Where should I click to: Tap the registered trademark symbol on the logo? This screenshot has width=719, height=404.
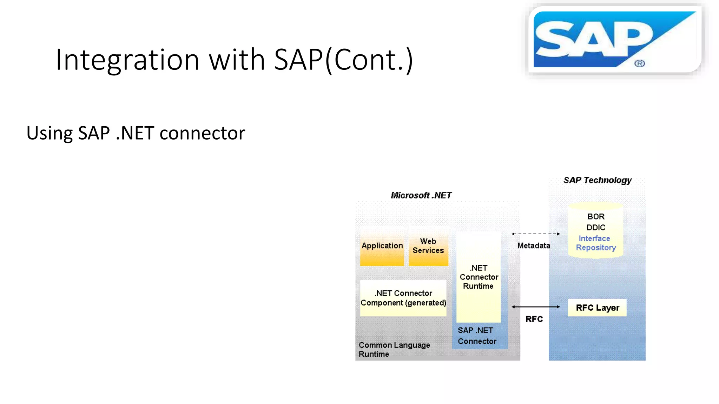[x=639, y=63]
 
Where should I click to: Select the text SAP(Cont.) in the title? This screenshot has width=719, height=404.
[x=343, y=60]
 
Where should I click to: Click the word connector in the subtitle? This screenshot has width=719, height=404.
[x=202, y=133]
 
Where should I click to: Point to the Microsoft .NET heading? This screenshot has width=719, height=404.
[x=421, y=195]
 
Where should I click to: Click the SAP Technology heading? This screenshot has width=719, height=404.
[x=597, y=180]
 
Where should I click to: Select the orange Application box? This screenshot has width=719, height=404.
[x=382, y=246]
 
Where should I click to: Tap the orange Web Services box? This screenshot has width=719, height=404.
[x=428, y=246]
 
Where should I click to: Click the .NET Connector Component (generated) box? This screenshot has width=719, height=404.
[x=403, y=298]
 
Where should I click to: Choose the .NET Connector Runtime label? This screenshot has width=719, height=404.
[x=479, y=277]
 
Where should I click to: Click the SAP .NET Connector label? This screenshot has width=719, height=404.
[x=477, y=336]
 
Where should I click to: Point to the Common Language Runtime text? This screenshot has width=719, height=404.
[x=394, y=350]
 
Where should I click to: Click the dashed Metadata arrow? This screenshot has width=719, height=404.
[x=535, y=234]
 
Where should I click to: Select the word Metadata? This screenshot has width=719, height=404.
[x=534, y=246]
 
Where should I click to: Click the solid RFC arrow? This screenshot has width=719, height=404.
[x=535, y=307]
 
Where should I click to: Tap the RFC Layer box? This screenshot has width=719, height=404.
[x=597, y=308]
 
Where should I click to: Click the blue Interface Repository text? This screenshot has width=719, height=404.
[x=595, y=243]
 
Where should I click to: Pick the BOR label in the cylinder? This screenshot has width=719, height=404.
[x=596, y=217]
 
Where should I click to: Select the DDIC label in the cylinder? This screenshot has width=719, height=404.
[x=596, y=228]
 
